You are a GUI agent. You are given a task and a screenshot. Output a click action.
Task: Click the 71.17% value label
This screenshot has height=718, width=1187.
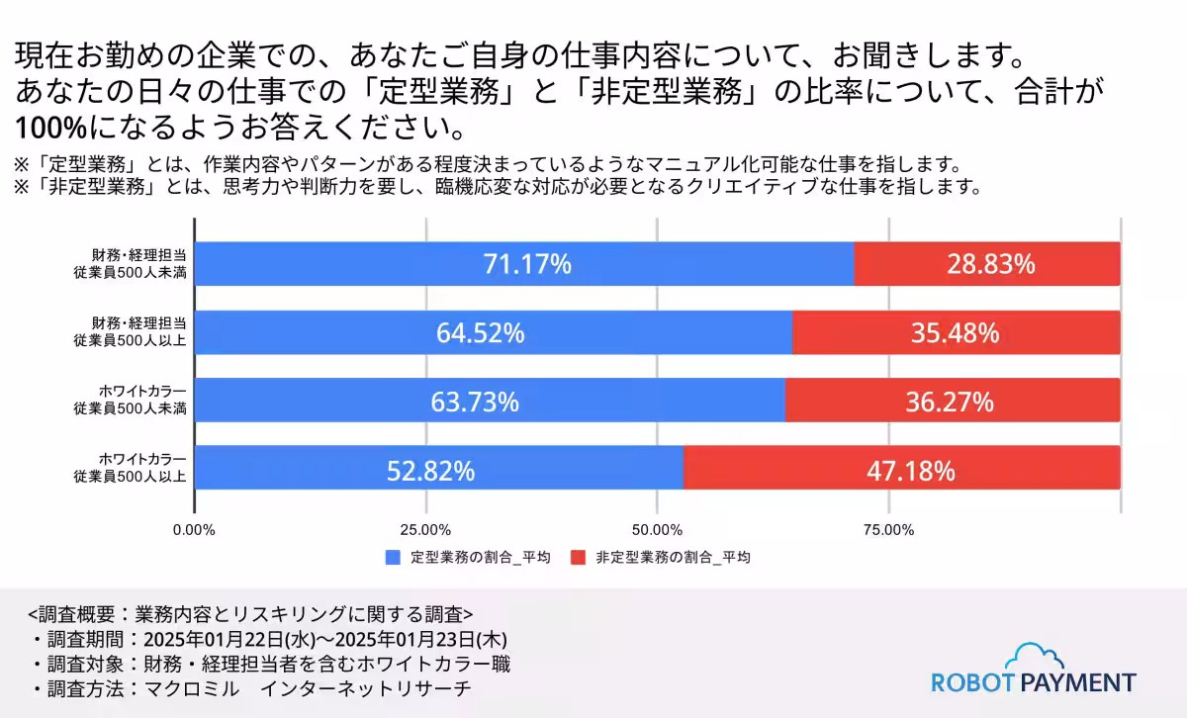pyautogui.click(x=527, y=265)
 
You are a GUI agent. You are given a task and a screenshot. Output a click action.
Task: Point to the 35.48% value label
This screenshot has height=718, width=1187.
pyautogui.click(x=955, y=333)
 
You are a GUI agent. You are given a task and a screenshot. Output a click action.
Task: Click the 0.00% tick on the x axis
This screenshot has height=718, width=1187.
pyautogui.click(x=194, y=530)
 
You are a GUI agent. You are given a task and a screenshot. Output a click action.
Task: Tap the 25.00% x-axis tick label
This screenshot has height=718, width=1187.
pyautogui.click(x=425, y=530)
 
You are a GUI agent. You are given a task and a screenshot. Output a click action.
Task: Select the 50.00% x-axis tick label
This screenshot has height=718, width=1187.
pyautogui.click(x=657, y=530)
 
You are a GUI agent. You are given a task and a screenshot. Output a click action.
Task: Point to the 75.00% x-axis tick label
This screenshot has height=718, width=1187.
pyautogui.click(x=888, y=530)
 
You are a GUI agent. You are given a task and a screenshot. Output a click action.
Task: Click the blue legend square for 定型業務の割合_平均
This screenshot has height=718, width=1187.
pyautogui.click(x=393, y=558)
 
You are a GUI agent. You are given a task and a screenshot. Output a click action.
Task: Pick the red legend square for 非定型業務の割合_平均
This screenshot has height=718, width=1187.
pyautogui.click(x=579, y=558)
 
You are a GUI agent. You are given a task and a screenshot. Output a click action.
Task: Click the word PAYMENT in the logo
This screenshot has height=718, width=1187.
pyautogui.click(x=1078, y=682)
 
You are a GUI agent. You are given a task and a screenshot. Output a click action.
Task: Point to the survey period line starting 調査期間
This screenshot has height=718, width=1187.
pyautogui.click(x=267, y=638)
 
